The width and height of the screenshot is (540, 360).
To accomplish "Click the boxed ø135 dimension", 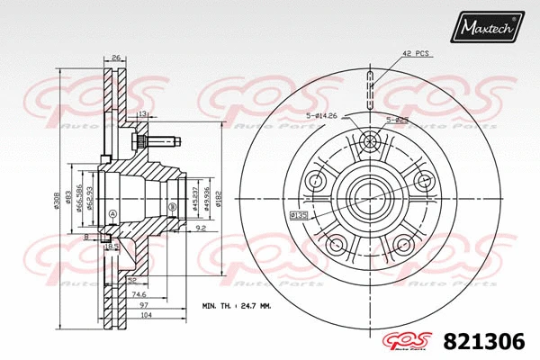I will tap(299, 215).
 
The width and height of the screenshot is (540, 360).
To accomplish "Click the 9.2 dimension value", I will tap(202, 229).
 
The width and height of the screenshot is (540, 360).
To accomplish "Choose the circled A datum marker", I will tap(112, 213).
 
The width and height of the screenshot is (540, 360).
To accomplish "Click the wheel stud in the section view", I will tap(160, 141).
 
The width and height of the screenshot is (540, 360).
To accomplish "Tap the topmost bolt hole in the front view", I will tap(370, 141).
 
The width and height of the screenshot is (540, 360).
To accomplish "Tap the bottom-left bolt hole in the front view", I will tap(337, 244).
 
